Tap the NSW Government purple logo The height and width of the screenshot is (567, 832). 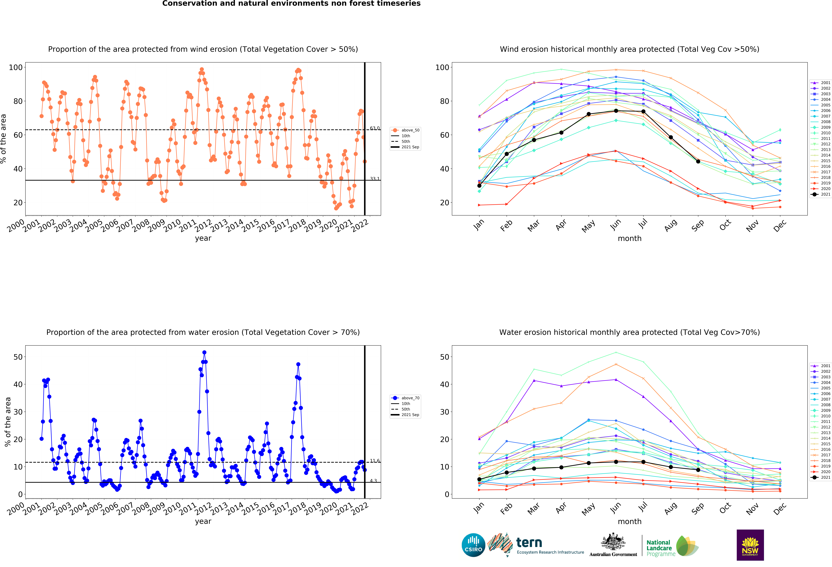tap(750, 545)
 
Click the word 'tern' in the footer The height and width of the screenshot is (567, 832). tap(529, 543)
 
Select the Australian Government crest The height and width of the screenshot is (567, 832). tap(613, 542)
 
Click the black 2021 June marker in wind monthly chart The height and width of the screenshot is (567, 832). tap(616, 111)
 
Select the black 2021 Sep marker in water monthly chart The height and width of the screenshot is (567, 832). tap(698, 470)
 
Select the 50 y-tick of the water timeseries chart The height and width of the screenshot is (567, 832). tap(18, 357)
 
